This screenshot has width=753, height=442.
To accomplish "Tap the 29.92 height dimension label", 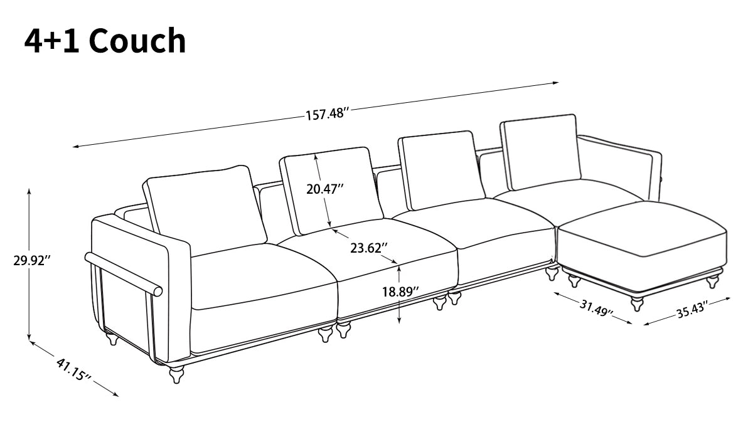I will [31, 260].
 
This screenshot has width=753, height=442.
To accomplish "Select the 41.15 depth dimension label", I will [74, 370].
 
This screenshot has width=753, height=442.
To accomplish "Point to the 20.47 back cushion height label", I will [325, 188].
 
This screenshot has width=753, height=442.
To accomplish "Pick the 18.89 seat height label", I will [400, 292].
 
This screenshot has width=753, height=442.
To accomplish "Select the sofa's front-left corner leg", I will [177, 375].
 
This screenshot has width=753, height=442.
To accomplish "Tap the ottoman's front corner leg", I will [638, 305].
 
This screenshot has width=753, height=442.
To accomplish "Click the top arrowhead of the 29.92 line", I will [29, 190].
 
